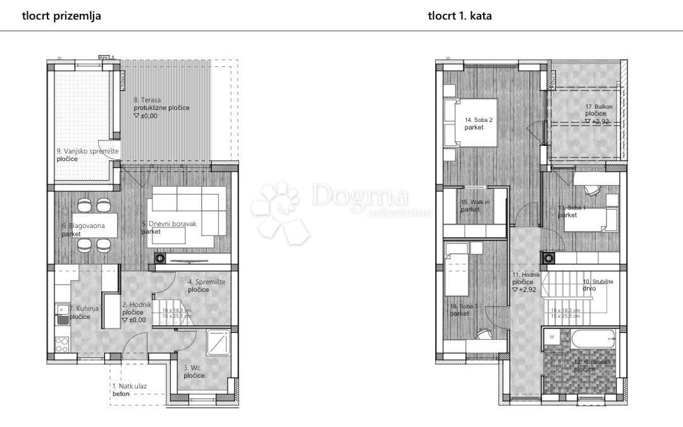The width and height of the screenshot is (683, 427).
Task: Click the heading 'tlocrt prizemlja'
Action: coord(61,16)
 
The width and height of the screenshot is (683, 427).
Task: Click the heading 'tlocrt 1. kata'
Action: coord(459,16)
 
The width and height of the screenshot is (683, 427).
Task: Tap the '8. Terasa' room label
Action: coord(147,100)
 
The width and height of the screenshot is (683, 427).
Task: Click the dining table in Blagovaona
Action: coord(93,224)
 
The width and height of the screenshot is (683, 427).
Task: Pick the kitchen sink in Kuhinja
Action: coord(63,313)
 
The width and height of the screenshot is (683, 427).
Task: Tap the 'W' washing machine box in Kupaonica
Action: coord(552,337)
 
